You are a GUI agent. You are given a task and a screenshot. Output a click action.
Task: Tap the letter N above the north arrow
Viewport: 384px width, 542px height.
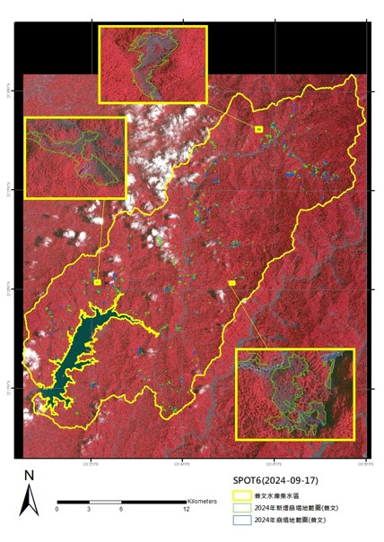point(30,475)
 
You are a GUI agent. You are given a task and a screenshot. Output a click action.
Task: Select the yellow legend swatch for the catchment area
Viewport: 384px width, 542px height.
point(240,495)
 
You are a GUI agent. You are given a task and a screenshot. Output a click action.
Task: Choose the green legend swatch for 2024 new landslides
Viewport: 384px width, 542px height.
point(240,506)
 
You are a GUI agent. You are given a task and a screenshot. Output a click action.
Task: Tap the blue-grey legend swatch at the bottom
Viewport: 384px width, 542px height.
point(240,519)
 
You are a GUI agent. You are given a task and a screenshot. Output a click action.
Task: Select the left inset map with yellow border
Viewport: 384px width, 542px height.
point(75,158)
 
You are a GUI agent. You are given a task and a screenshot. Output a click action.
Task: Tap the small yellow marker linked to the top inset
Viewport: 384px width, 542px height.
point(259,131)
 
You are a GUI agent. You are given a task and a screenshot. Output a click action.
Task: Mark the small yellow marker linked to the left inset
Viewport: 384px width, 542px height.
point(97,282)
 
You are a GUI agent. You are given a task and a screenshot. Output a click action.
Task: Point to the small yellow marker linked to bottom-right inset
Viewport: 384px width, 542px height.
point(232,283)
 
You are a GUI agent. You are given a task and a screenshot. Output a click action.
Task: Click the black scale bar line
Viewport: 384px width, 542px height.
point(121,502)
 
